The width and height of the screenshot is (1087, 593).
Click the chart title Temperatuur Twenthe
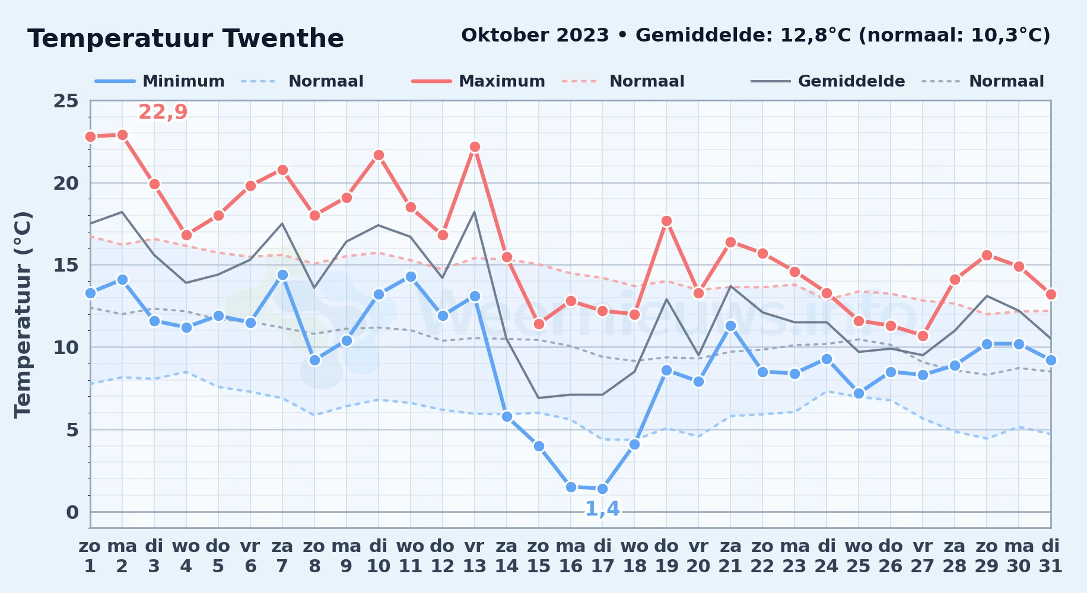(186, 39)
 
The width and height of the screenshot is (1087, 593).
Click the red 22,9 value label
(163, 111)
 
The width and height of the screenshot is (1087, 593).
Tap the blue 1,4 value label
(602, 509)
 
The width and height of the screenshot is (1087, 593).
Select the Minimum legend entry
(160, 81)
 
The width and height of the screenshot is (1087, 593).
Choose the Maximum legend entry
(478, 81)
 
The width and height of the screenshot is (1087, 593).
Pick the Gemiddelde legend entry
(828, 81)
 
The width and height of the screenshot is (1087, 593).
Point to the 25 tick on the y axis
(66, 101)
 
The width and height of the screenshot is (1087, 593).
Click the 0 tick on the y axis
(72, 512)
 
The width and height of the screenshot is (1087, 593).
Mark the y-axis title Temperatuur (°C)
(23, 314)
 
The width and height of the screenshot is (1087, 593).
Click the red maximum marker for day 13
(475, 146)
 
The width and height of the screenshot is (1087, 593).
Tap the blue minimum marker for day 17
(603, 489)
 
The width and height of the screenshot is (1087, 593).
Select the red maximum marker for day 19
(666, 221)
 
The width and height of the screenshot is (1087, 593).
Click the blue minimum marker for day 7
(282, 275)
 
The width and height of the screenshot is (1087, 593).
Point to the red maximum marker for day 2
(122, 135)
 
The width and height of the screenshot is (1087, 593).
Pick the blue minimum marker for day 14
(507, 416)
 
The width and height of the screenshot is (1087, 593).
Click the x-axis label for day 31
(1051, 556)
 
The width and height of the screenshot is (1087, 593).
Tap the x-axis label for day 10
(379, 556)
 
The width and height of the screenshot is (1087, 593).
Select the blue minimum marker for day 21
(730, 326)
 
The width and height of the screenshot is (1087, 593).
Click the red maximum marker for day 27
(923, 336)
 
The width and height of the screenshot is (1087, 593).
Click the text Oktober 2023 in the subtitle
(535, 36)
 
